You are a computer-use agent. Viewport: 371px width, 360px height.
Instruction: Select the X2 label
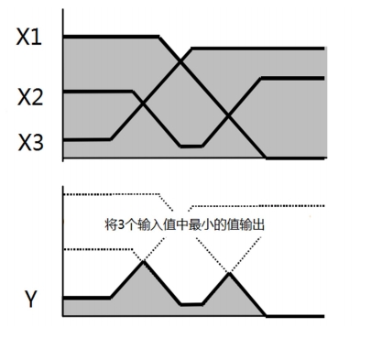point(29,94)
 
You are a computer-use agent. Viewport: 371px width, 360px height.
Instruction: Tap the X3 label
point(29,143)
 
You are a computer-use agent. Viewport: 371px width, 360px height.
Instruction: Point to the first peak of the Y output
point(143,261)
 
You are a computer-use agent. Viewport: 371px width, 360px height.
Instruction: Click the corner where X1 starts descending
point(159,37)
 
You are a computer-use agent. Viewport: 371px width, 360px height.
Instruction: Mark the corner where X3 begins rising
point(110,139)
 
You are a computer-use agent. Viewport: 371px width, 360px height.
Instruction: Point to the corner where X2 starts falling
point(133,91)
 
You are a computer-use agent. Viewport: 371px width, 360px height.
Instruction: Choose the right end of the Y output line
point(322,316)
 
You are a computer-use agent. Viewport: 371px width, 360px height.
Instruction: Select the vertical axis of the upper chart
point(62,87)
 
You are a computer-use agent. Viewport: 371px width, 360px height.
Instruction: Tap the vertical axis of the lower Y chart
point(62,252)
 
